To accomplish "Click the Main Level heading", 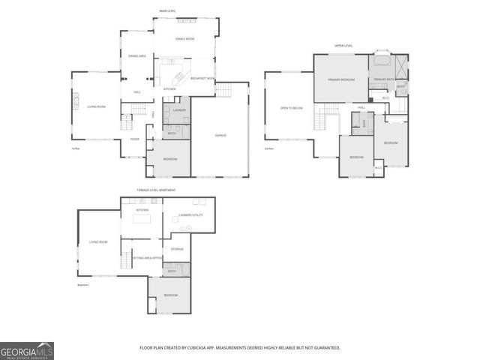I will coord(168,11).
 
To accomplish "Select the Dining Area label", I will coord(136,56).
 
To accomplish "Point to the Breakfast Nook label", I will coord(202,79).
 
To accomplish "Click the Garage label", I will coord(220,135).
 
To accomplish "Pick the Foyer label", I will coord(135,139).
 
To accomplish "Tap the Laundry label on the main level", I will coord(179,110).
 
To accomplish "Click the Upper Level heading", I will coord(343,46).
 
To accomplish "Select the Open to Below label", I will coord(291,108).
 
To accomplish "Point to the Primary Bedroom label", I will coord(341,79).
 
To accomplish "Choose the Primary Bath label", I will coord(385,79).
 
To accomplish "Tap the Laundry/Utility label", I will coord(187,216).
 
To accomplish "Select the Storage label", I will coord(177,248).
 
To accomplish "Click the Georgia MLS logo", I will coord(27,350).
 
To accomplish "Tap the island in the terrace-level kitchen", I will coord(143,220).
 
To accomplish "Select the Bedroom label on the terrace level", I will coord(170,295).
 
